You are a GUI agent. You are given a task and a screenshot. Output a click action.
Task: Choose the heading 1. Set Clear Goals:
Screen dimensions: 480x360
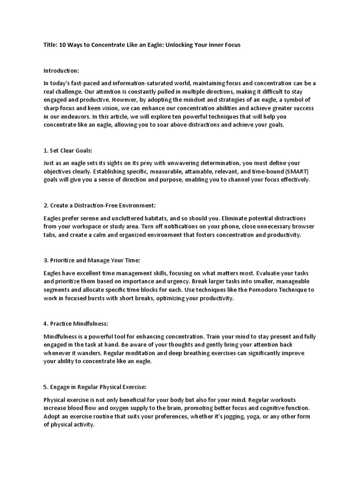(68, 151)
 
